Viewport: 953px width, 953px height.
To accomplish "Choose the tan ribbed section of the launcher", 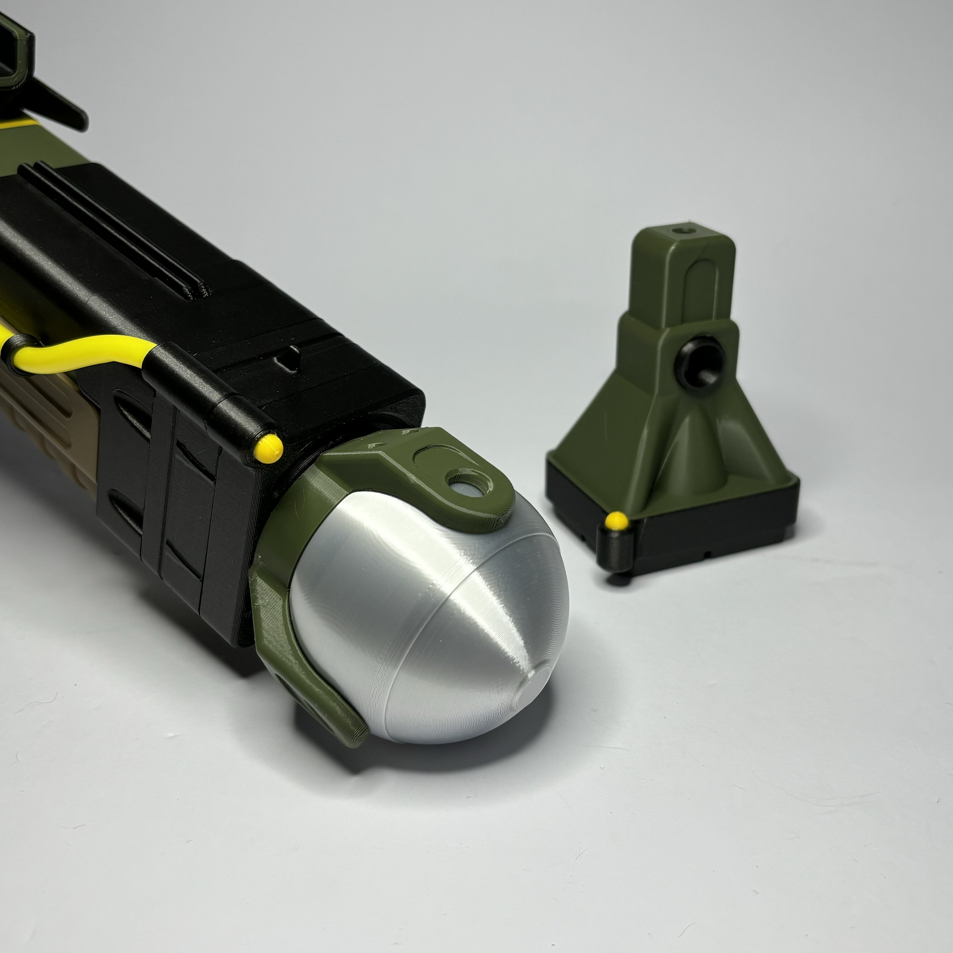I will (x=44, y=419).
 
